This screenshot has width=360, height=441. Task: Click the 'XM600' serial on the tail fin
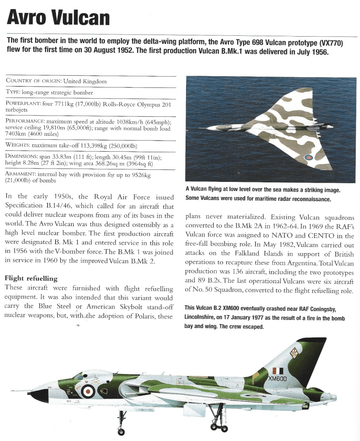pos(277,379)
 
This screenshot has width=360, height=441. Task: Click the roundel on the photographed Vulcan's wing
pos(309,158)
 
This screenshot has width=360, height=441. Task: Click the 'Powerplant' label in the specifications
pos(23,104)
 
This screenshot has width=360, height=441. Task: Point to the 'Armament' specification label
pos(22,173)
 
